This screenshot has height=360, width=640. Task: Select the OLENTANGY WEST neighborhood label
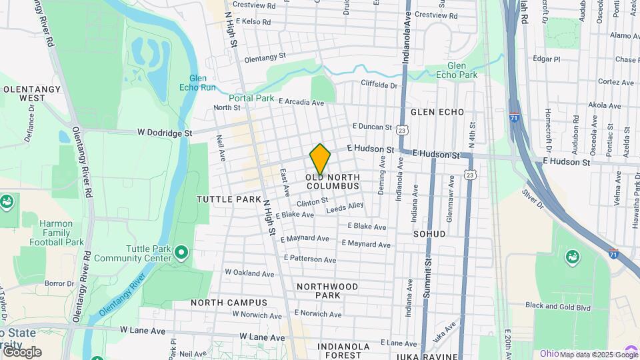point(23,93)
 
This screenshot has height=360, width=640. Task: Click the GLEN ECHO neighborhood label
point(437,112)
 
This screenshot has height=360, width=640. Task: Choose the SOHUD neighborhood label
point(429,235)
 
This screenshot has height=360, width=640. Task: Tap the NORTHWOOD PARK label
point(327,291)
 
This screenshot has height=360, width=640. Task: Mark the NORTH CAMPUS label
point(229,303)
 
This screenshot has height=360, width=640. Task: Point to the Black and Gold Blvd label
point(558,307)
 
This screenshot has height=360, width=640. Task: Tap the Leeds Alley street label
point(345,208)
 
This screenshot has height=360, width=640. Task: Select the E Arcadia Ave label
point(301,103)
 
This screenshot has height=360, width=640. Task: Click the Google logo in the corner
point(21,352)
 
